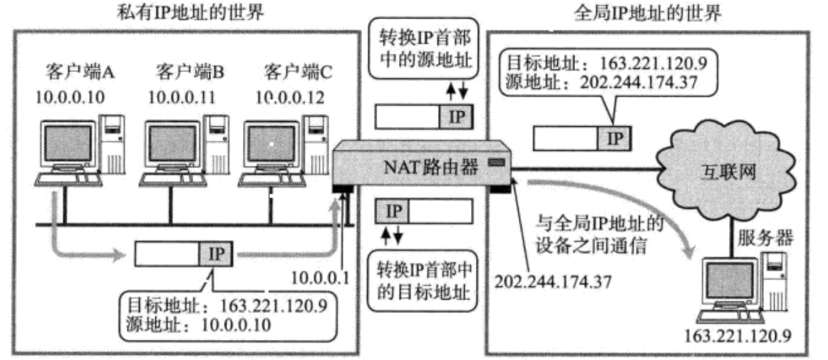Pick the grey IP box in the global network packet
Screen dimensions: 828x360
614,138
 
